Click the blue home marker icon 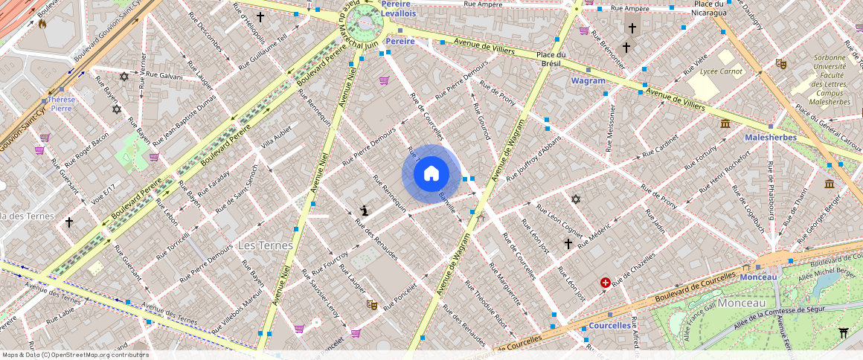431,174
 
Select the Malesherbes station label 771,137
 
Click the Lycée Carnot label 722,71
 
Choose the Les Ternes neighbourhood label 265,245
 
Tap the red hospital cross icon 606,283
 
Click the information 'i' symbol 364,211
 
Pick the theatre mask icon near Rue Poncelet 371,304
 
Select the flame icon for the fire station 42,23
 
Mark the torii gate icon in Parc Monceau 843,332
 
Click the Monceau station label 758,277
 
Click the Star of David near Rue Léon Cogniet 575,199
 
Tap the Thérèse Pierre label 61,103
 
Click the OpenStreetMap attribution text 75,355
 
